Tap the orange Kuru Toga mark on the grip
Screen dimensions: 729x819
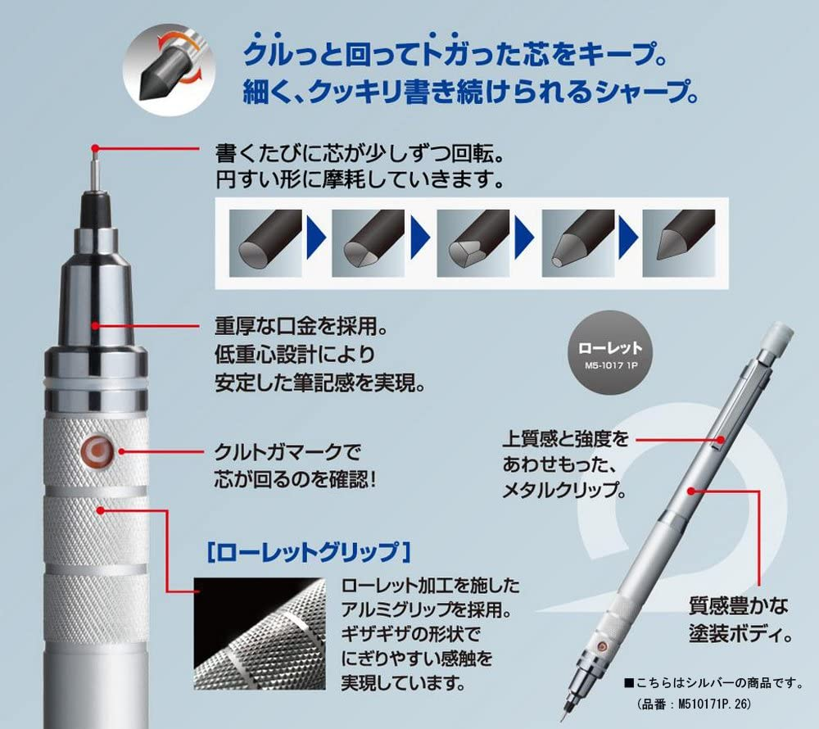coord(95,450)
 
